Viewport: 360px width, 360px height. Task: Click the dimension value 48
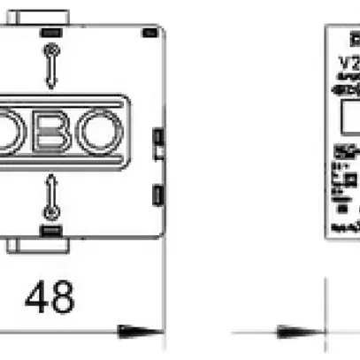coord(50,298)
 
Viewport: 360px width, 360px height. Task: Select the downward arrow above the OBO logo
coord(52,72)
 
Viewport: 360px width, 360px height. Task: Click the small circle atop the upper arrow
coord(52,50)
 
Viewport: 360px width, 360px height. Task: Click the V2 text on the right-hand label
coord(349,64)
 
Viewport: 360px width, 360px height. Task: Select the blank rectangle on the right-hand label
coord(350,114)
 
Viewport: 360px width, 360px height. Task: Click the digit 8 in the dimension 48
coord(62,298)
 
